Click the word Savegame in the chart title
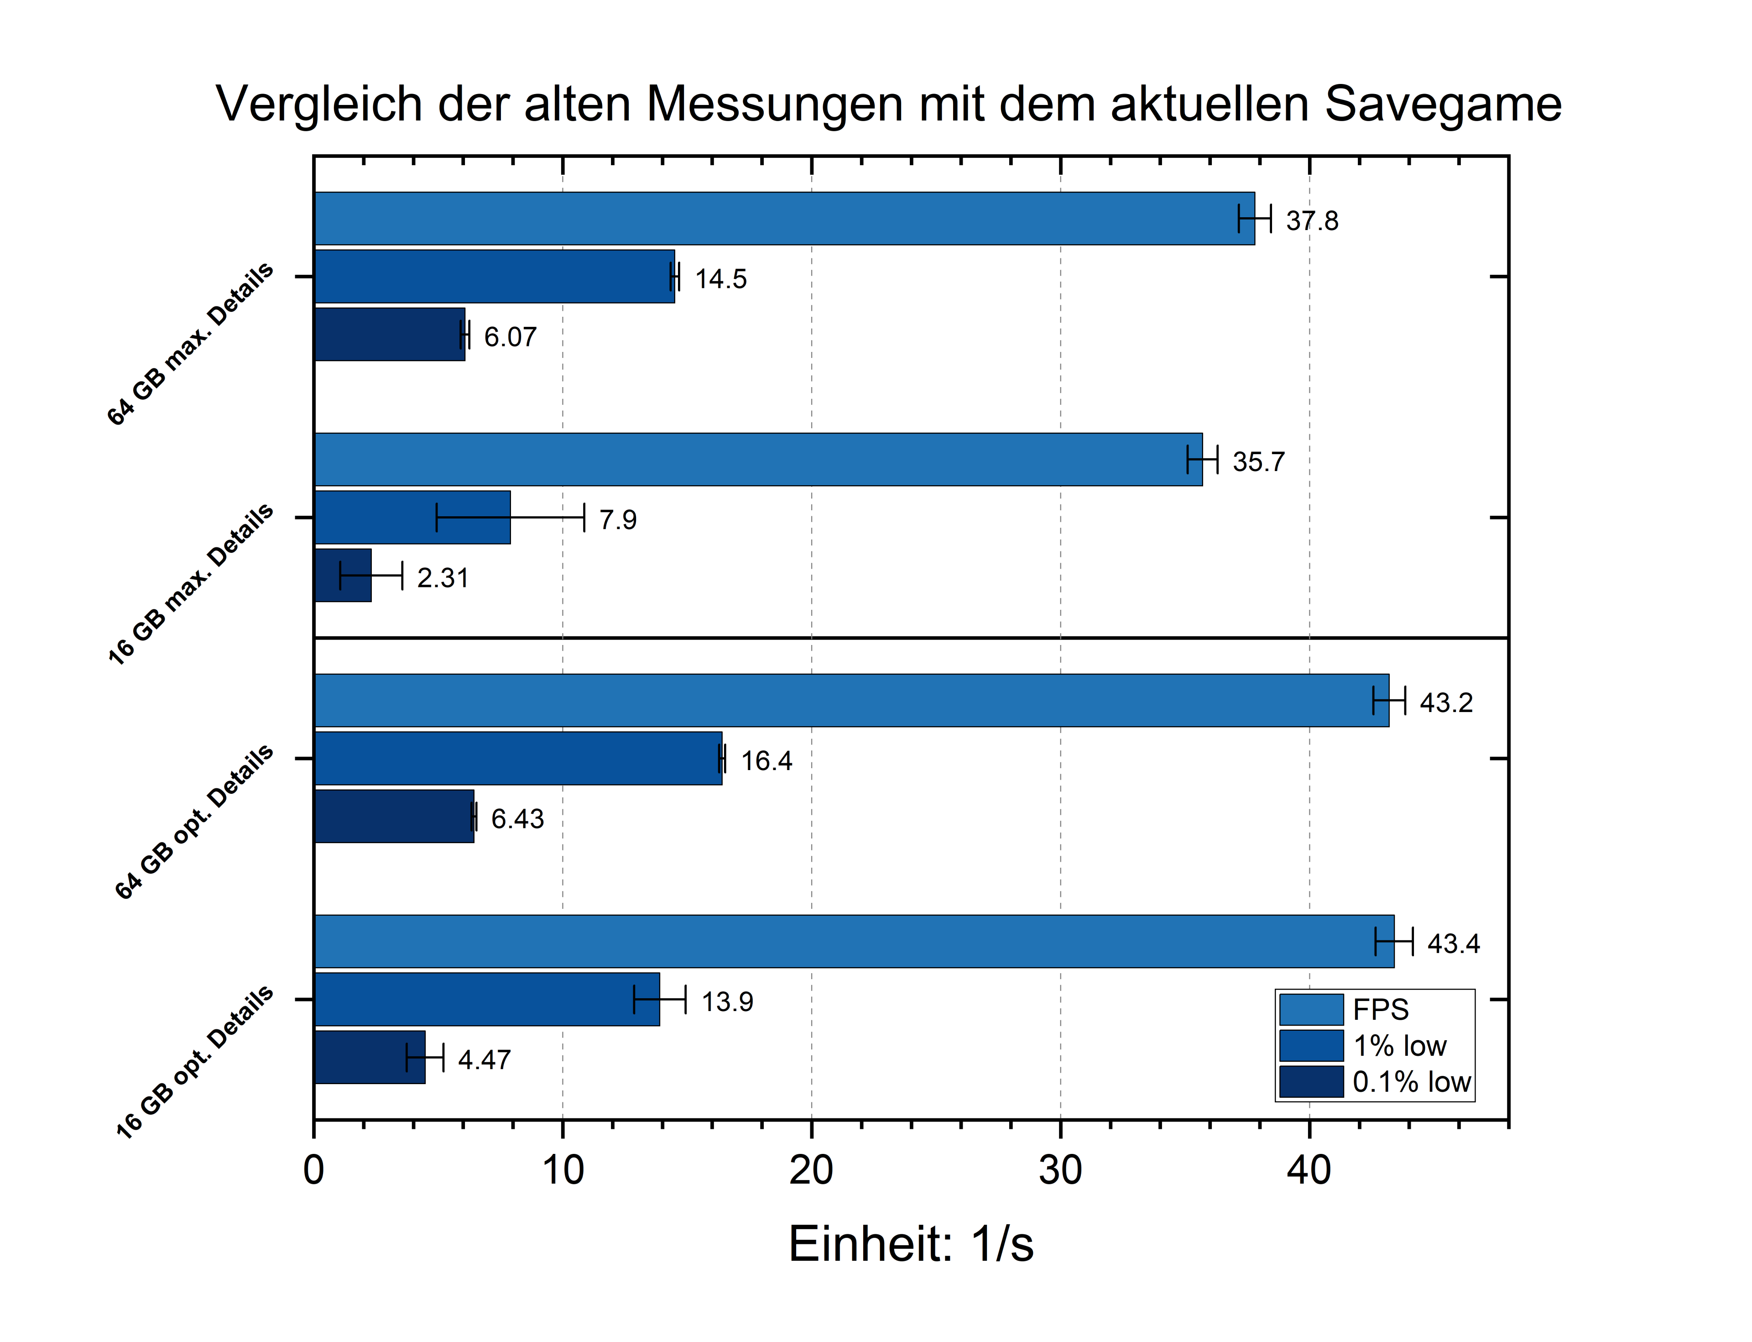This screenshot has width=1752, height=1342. pyautogui.click(x=1442, y=104)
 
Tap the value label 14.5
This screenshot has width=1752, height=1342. pyautogui.click(x=720, y=279)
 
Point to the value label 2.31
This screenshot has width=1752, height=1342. pyautogui.click(x=443, y=577)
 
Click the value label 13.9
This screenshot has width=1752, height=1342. pyautogui.click(x=727, y=1001)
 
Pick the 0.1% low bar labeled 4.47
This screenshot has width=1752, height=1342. pyautogui.click(x=369, y=1057)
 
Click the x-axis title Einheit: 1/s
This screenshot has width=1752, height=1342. pyautogui.click(x=910, y=1244)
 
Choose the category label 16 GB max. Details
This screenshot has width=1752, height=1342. pyautogui.click(x=192, y=585)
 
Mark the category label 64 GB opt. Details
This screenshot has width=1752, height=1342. pyautogui.click(x=195, y=822)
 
